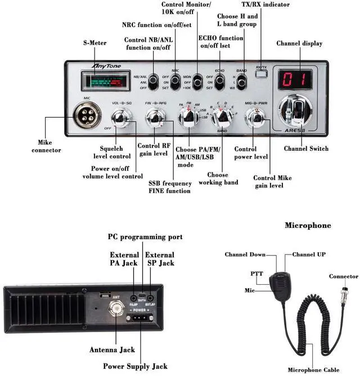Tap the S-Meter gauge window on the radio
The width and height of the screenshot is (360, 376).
click(104, 81)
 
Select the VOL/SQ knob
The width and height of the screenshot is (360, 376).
click(121, 117)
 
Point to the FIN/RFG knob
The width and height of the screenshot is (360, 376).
click(155, 117)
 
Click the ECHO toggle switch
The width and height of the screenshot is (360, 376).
click(219, 80)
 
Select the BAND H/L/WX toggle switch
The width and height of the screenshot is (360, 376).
click(241, 82)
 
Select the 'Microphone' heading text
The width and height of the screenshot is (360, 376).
click(308, 225)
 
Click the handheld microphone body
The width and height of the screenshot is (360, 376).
click(278, 281)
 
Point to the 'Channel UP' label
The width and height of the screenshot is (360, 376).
click(305, 254)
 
